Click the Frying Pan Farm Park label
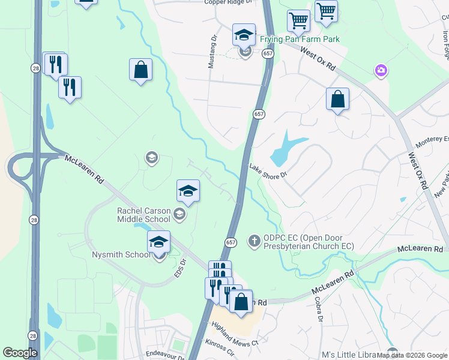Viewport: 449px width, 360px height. (x=300, y=40)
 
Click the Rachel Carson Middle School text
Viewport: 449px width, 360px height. (x=144, y=215)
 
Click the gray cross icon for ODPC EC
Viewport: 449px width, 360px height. (x=254, y=241)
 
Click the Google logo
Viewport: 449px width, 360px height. (x=20, y=353)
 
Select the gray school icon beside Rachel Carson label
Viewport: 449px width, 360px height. (x=179, y=214)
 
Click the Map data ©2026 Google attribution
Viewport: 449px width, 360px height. (x=412, y=355)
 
